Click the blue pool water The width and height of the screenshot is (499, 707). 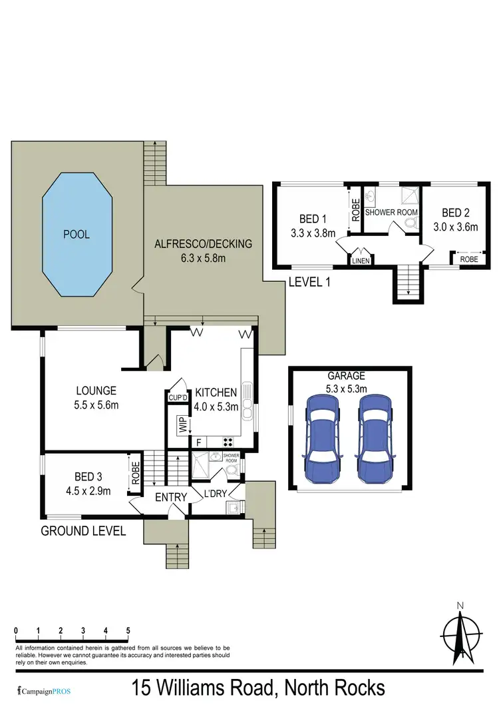[77, 235]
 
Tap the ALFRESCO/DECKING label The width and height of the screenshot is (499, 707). [203, 244]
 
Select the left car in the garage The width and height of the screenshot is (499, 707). [321, 440]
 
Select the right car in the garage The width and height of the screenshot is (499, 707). [375, 440]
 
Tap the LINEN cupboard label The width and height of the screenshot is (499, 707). [360, 261]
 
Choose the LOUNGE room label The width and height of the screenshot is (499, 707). [96, 390]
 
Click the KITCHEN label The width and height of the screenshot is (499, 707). [216, 392]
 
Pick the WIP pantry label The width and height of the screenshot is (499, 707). [180, 424]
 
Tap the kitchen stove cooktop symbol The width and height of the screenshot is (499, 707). [228, 440]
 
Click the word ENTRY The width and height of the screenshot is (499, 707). [170, 497]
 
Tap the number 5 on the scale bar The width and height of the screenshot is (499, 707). [128, 630]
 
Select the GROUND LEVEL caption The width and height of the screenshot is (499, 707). [84, 531]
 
